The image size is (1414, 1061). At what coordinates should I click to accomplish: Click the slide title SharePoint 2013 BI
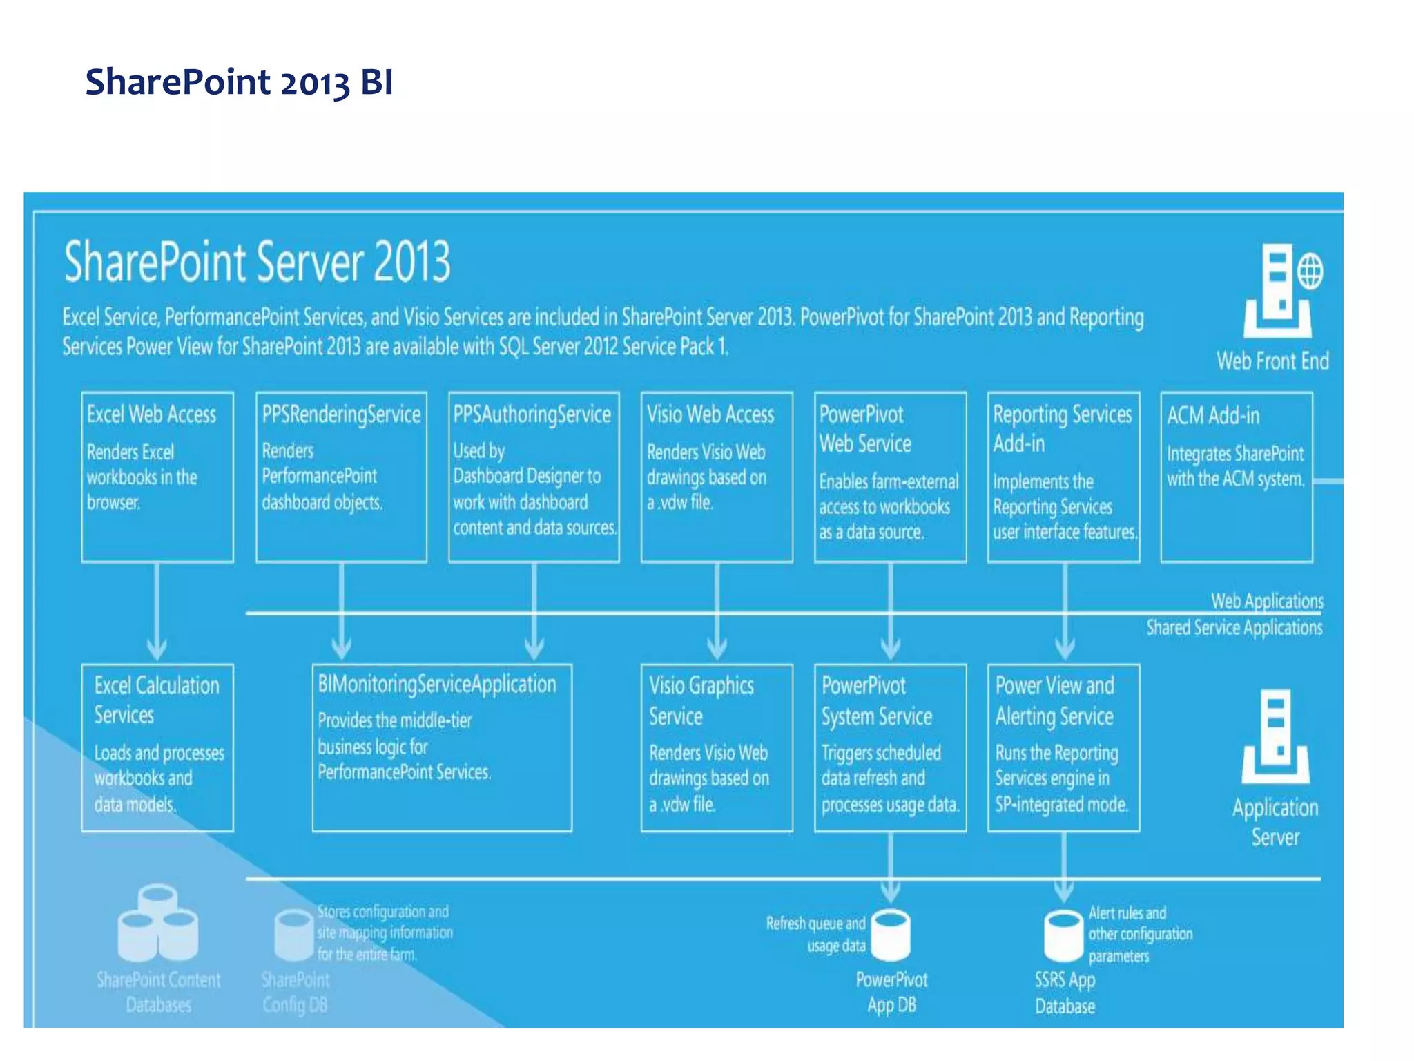(239, 82)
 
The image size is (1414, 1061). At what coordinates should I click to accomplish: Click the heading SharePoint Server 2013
(257, 262)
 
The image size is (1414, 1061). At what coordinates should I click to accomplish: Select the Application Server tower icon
(1275, 737)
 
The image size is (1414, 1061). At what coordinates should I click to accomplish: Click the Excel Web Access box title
(151, 414)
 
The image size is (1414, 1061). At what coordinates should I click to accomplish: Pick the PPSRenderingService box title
(341, 414)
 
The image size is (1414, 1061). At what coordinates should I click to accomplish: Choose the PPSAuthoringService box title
(532, 414)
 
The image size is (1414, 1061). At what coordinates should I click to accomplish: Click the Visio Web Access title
(710, 414)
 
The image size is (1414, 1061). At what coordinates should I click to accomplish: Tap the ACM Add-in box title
(1213, 416)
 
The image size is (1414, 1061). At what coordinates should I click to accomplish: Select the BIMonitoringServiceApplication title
(436, 685)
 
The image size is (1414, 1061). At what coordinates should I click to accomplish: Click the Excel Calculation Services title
(157, 700)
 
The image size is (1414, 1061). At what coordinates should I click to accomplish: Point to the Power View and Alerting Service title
(1054, 700)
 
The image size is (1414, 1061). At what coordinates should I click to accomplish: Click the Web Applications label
(1267, 601)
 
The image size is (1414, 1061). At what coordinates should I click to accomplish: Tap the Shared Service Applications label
(1234, 628)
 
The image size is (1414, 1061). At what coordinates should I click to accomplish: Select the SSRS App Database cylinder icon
(1063, 937)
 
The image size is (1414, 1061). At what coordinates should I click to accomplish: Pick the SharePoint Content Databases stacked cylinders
(158, 924)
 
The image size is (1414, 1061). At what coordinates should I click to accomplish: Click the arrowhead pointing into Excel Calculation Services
(157, 649)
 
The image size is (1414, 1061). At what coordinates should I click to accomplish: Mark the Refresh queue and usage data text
(816, 934)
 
